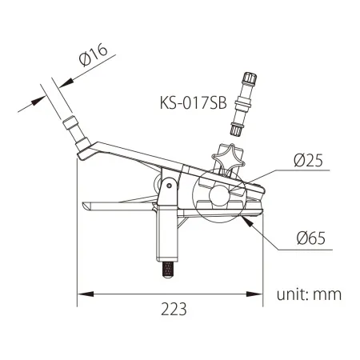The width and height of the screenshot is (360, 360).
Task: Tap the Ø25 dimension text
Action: [x=308, y=161]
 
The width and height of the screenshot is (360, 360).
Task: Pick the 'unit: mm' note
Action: [x=309, y=294]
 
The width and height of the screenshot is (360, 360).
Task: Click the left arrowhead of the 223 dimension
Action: [x=81, y=297]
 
